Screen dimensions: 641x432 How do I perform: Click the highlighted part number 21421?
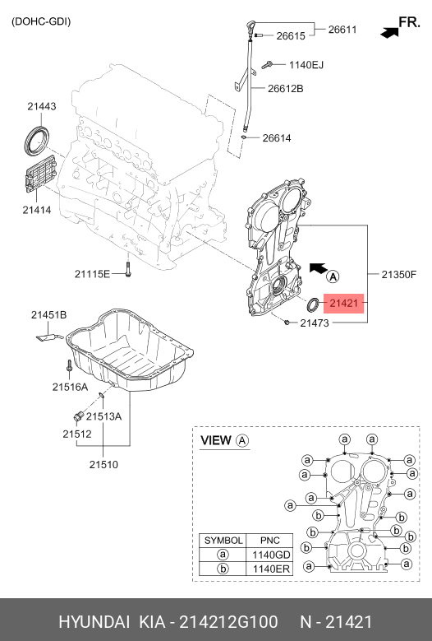(x=343, y=304)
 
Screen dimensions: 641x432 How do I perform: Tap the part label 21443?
(x=41, y=106)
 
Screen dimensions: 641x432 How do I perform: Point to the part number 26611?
(x=342, y=29)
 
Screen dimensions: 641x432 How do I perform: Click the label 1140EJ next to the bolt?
(x=306, y=65)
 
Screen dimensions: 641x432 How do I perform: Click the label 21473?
(x=314, y=323)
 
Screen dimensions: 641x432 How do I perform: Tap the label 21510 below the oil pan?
(x=103, y=464)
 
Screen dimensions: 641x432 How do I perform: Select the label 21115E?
(x=92, y=273)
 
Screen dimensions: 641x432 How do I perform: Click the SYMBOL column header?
(x=223, y=541)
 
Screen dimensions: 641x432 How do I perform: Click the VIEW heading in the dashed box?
(x=217, y=441)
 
